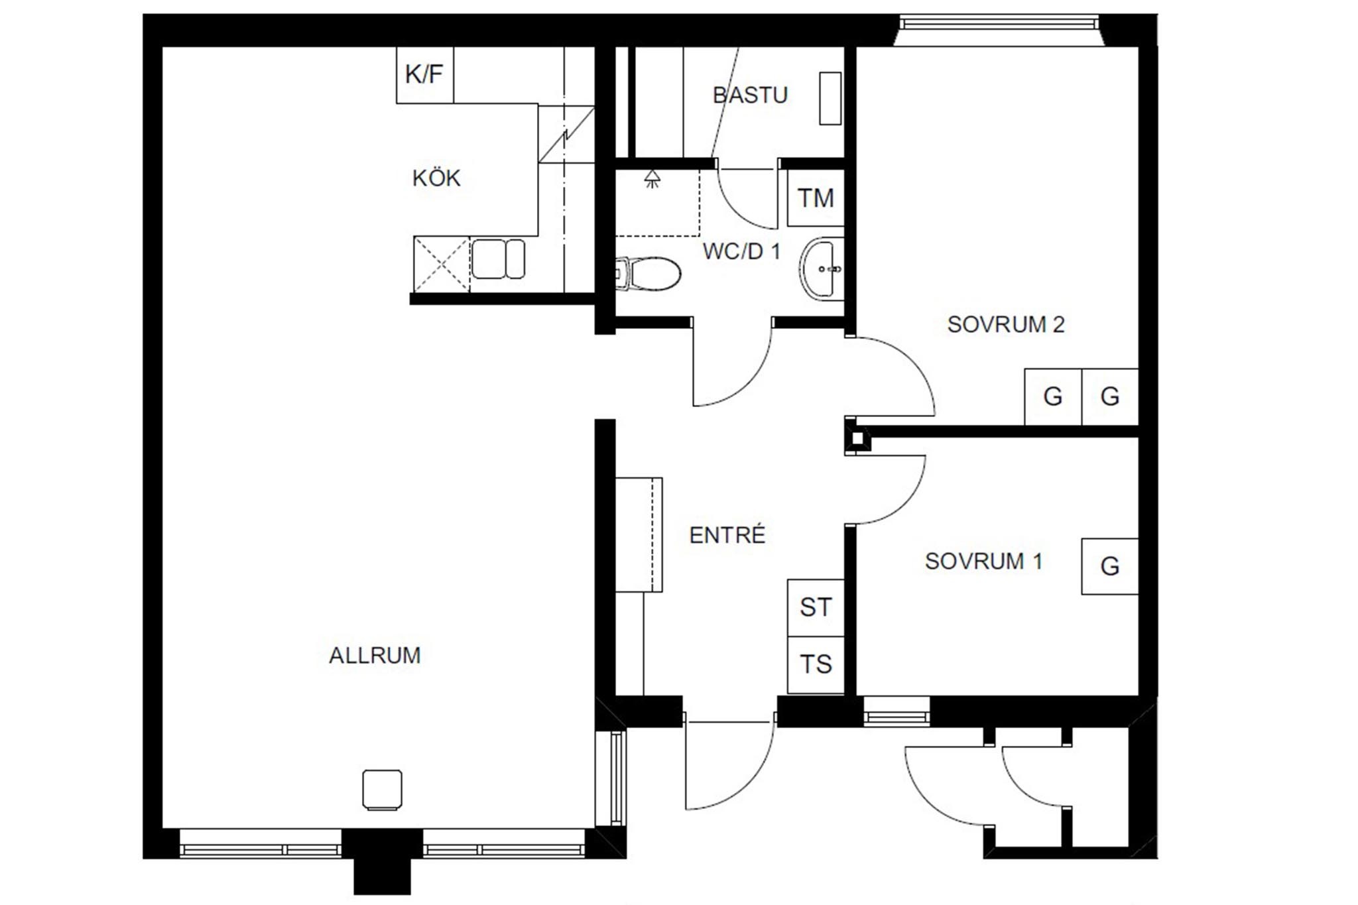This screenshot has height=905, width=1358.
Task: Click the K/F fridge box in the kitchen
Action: click(x=425, y=75)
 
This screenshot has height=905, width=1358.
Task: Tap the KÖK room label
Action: click(x=436, y=178)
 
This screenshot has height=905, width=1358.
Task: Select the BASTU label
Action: click(x=750, y=95)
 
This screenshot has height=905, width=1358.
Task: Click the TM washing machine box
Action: click(x=816, y=198)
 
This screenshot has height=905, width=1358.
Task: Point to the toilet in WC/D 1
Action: click(x=648, y=274)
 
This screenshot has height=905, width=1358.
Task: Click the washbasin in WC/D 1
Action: click(x=822, y=269)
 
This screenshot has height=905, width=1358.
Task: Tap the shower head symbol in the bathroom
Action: click(x=652, y=178)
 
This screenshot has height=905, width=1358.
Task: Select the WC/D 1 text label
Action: click(x=741, y=251)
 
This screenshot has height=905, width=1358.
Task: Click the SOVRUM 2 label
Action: click(x=1006, y=324)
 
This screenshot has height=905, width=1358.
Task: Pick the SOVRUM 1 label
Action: click(x=984, y=562)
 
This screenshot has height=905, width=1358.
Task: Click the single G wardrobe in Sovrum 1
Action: click(x=1110, y=566)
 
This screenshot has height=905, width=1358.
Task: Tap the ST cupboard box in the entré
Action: click(x=816, y=607)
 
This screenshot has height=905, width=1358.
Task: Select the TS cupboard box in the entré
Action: click(x=816, y=664)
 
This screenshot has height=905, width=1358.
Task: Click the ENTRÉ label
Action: click(x=727, y=535)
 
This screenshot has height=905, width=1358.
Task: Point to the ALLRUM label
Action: click(x=375, y=656)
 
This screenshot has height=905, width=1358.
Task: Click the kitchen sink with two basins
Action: click(x=498, y=259)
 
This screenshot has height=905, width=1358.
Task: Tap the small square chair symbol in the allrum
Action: click(x=383, y=790)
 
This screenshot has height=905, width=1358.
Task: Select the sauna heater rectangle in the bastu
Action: click(x=830, y=98)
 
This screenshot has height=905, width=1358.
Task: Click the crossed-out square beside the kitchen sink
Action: click(x=442, y=264)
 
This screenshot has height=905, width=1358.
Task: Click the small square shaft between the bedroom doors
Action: click(x=857, y=438)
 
